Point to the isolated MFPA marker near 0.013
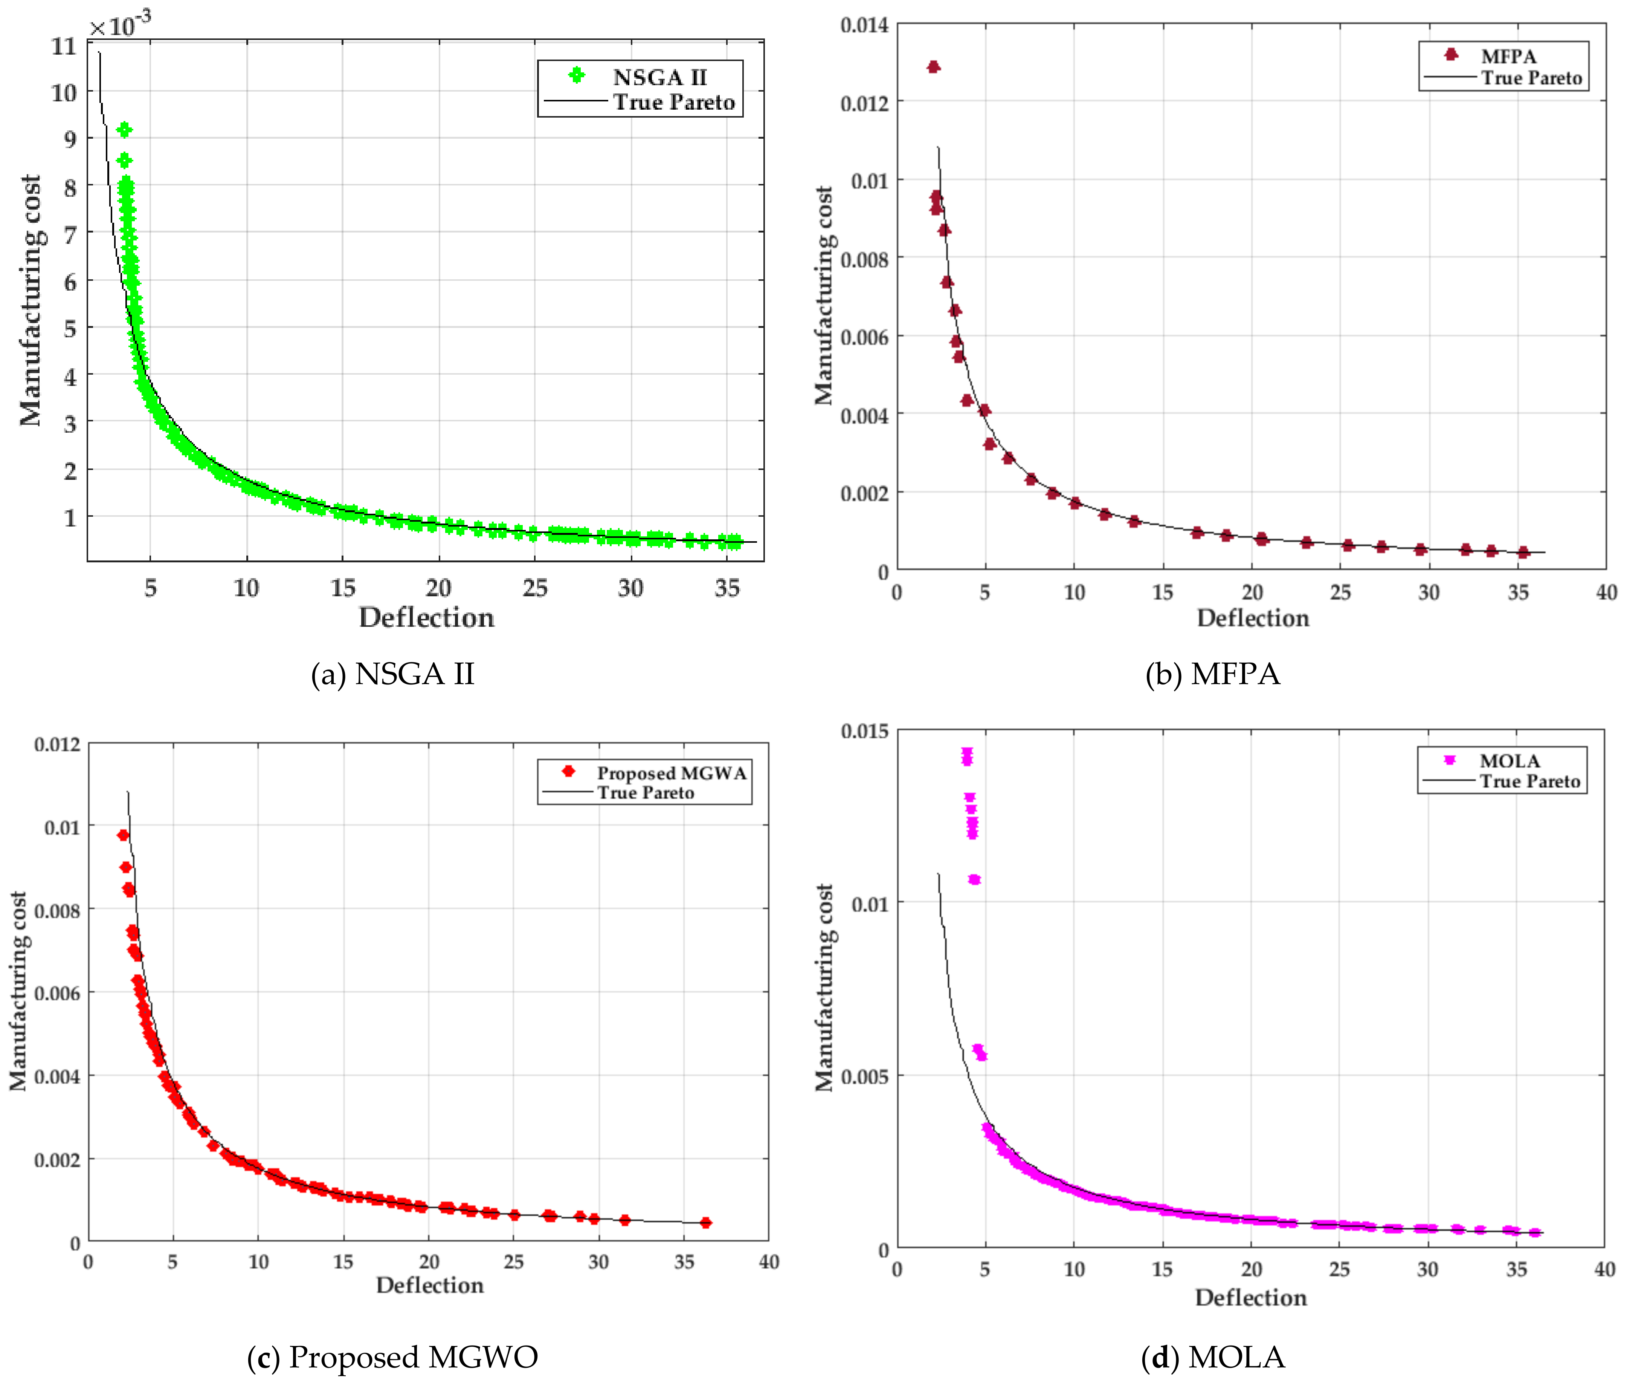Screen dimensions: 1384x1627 (933, 67)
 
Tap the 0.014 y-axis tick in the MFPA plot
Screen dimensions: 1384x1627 (864, 25)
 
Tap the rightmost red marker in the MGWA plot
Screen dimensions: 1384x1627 (706, 1222)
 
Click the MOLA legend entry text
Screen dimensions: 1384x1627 (1509, 761)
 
